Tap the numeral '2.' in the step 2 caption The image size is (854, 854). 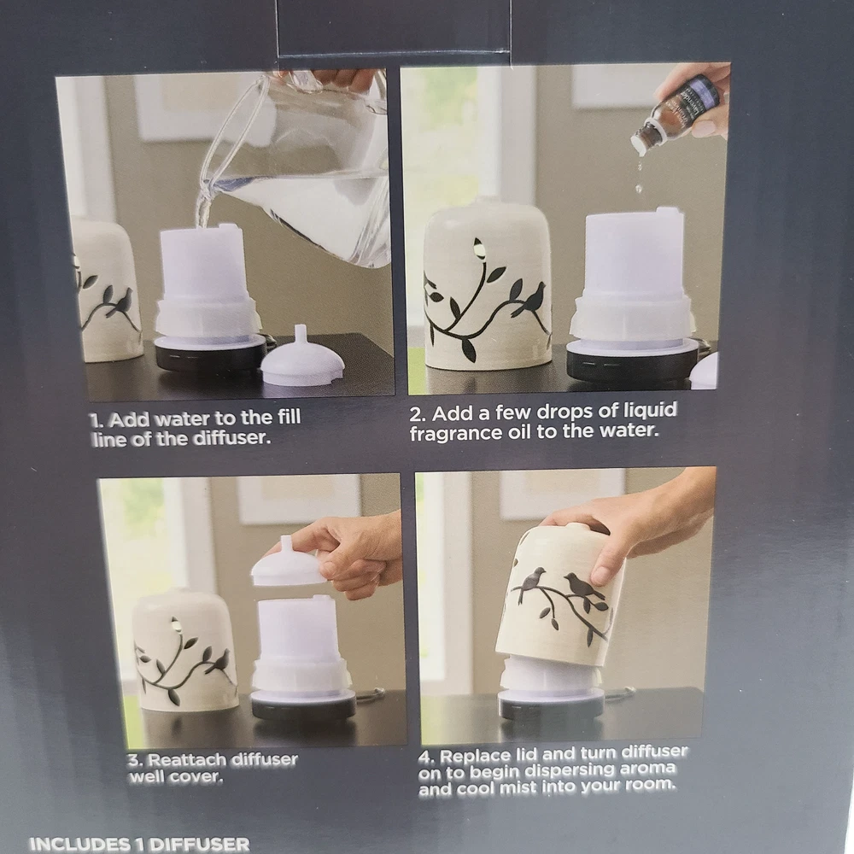tap(418, 415)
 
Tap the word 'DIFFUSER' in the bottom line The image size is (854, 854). tap(201, 845)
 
